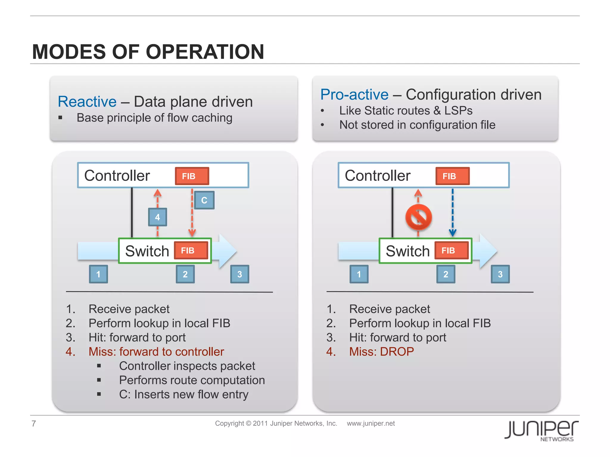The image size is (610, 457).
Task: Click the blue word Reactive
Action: coord(87,102)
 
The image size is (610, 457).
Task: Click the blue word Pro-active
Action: coord(354,95)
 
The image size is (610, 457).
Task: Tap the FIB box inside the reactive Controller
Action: coord(192,176)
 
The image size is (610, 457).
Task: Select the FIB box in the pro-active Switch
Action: coord(451,251)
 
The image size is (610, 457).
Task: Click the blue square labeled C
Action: coord(204,200)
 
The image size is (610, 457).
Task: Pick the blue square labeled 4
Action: coord(158,217)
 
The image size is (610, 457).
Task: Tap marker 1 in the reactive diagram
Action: coord(98,274)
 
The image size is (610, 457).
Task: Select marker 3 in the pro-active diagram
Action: coord(500,274)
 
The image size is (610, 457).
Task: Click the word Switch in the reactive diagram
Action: coord(147,251)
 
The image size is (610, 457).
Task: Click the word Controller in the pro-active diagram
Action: coord(377,176)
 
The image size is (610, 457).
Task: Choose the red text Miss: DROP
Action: coord(381,352)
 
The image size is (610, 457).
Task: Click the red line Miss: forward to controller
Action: coord(156,352)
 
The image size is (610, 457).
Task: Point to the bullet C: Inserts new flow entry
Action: coord(183,395)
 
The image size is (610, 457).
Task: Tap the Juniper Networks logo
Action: coord(541,430)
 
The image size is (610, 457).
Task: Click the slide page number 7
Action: coord(34,423)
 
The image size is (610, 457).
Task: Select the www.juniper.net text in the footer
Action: coord(371,423)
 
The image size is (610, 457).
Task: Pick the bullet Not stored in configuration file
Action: coord(417,125)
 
